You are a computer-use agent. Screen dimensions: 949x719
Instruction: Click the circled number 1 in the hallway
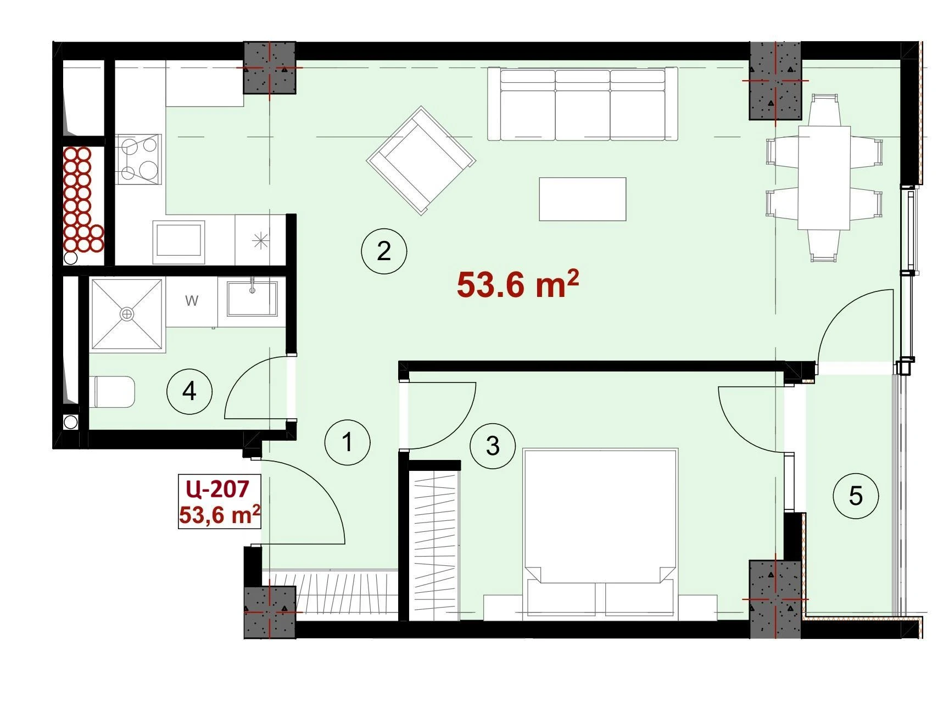click(x=347, y=442)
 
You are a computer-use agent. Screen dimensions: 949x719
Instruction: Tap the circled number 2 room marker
click(x=384, y=251)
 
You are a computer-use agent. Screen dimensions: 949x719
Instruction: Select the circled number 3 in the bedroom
click(x=493, y=446)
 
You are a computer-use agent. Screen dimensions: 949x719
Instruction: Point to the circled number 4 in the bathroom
click(x=189, y=392)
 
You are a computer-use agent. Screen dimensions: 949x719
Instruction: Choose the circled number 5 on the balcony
click(x=856, y=496)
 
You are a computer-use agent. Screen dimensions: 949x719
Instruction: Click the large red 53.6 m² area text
click(x=518, y=284)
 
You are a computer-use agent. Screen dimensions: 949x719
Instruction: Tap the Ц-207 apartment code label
click(x=218, y=488)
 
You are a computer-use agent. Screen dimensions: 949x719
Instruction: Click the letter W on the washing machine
click(x=192, y=301)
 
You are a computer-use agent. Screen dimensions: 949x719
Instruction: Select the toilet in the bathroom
click(x=114, y=392)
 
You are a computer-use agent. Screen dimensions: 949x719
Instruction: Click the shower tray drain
click(x=127, y=314)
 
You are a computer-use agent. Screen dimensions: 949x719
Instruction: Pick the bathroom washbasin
click(x=252, y=298)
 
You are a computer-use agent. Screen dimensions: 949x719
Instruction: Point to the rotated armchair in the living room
click(x=421, y=160)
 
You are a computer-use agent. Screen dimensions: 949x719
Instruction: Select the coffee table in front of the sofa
click(x=583, y=199)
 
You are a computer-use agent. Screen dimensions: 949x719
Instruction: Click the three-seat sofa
click(x=583, y=104)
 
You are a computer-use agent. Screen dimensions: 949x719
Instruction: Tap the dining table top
click(x=824, y=177)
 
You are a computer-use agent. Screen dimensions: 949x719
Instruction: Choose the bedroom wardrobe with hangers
click(x=434, y=545)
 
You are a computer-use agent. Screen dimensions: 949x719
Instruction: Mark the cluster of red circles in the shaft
click(x=81, y=199)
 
